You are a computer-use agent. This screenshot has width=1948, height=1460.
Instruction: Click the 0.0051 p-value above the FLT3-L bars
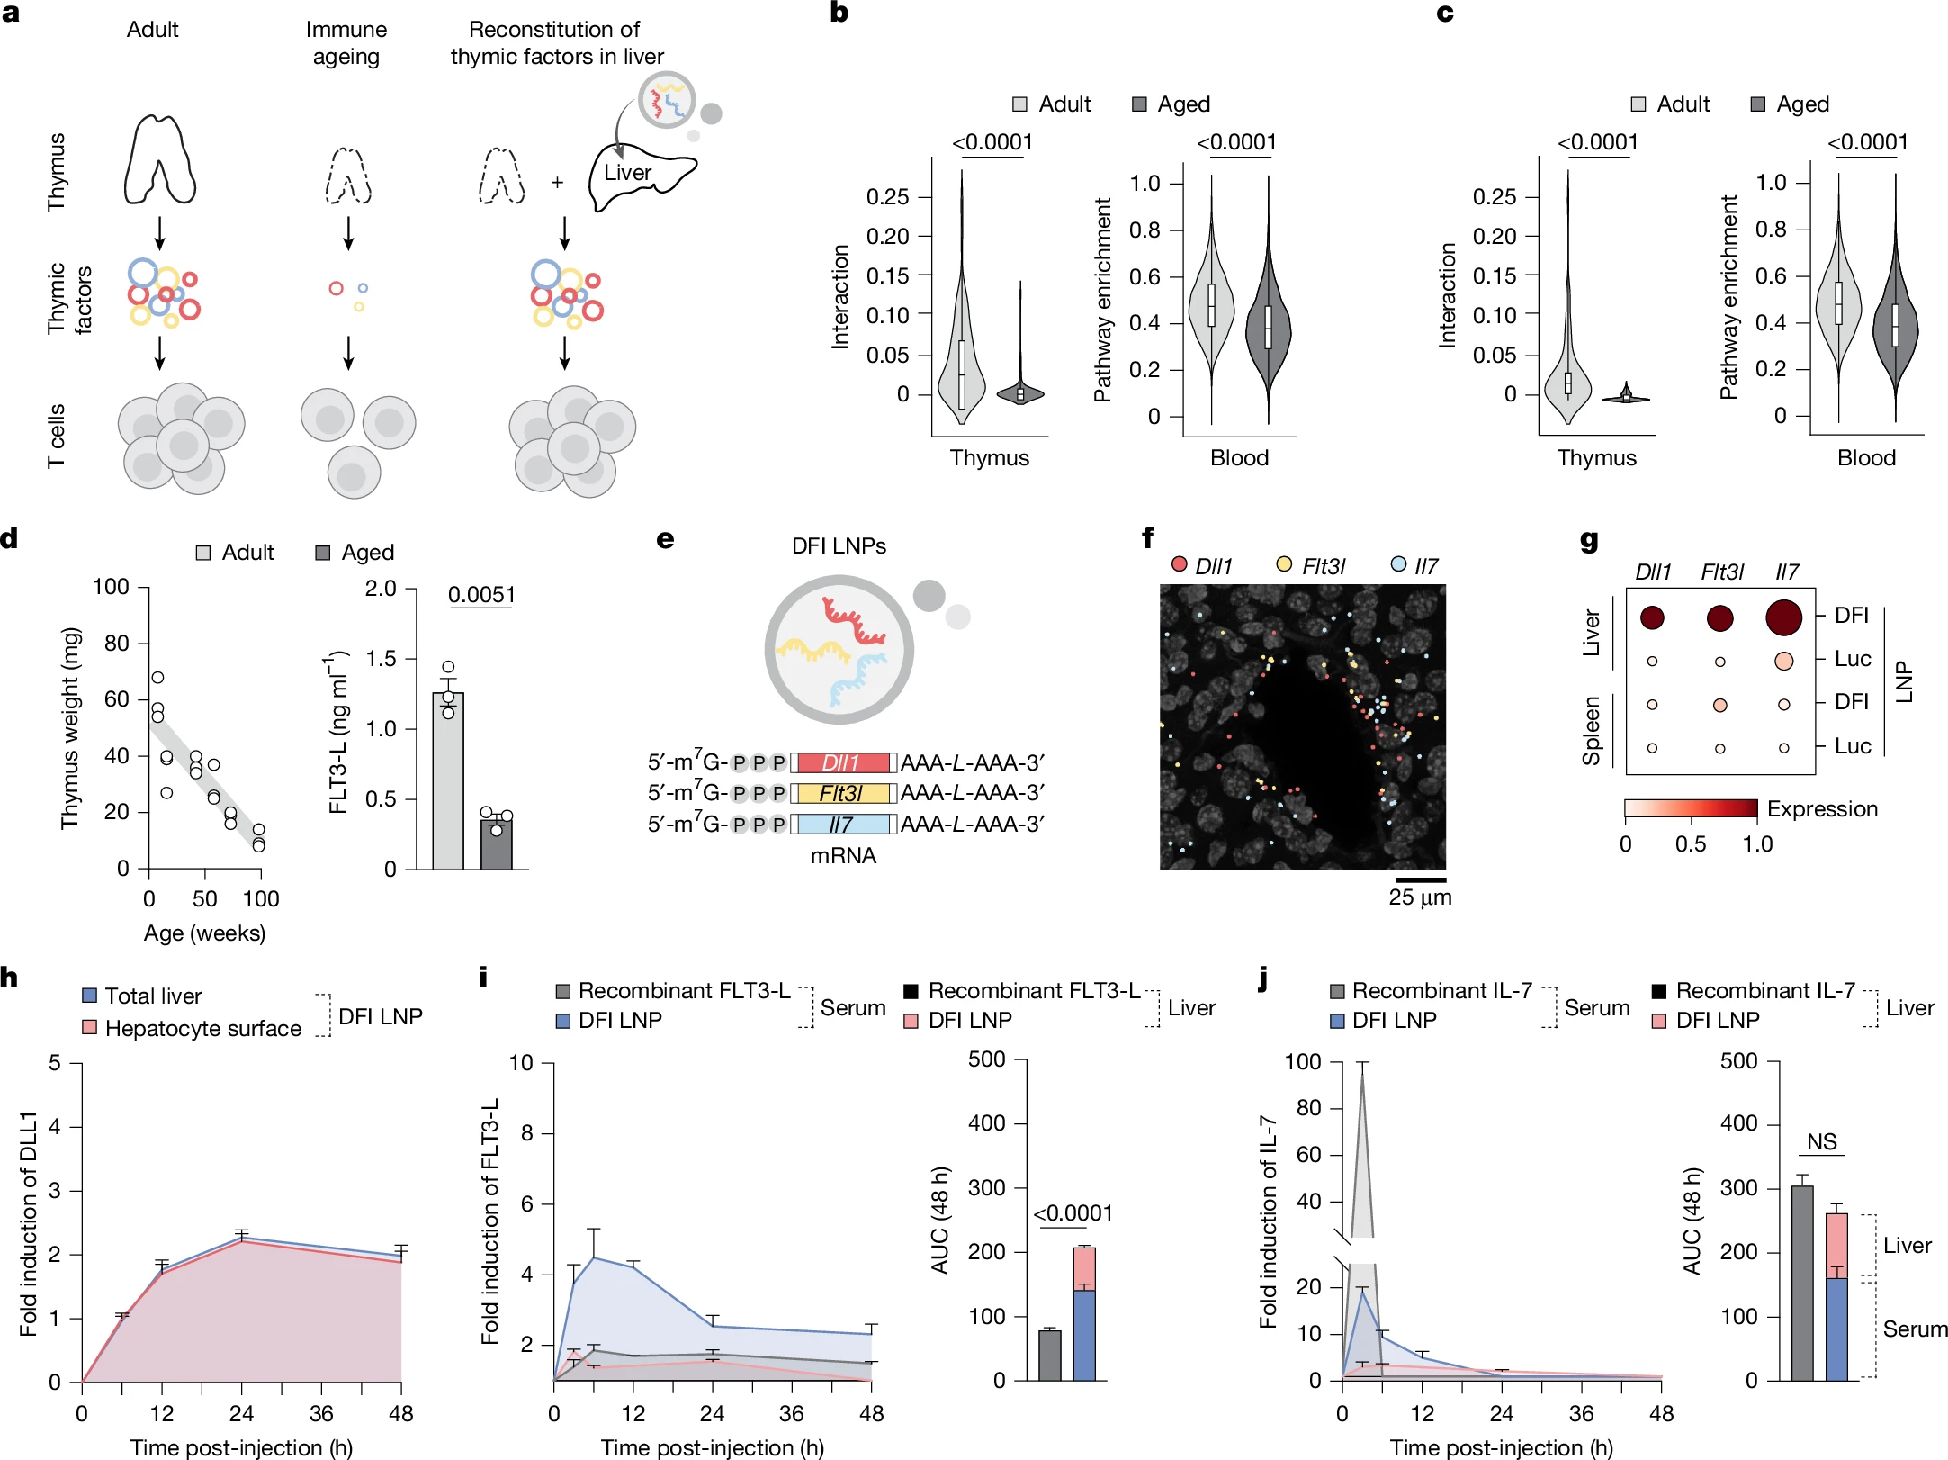[481, 595]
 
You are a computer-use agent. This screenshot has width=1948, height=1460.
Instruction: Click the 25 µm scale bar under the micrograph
[1421, 879]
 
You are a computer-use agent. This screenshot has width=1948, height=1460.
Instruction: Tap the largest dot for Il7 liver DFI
[1783, 617]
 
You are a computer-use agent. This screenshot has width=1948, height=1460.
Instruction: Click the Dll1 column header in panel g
[1652, 572]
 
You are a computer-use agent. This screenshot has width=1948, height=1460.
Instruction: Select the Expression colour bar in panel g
[1690, 808]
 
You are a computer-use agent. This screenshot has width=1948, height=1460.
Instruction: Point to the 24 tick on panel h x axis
[241, 1413]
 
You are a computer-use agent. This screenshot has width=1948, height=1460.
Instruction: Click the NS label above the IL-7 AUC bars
[1821, 1141]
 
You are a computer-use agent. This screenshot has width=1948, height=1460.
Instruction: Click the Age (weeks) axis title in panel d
[204, 933]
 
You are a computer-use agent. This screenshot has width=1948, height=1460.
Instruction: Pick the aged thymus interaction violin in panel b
[1020, 392]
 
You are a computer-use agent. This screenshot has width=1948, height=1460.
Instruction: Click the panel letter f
[1147, 538]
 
